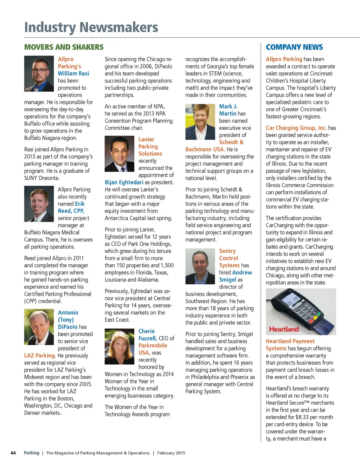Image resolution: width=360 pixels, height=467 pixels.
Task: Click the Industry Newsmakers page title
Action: point(91,27)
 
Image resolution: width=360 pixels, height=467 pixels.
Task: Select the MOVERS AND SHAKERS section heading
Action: point(64,47)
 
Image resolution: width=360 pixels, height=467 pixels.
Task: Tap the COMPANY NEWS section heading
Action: point(294,47)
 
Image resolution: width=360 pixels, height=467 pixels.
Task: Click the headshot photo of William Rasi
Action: point(39,74)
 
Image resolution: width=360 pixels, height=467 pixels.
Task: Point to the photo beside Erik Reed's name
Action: point(39,204)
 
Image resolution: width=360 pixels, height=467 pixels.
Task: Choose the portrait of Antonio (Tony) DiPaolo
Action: point(39,327)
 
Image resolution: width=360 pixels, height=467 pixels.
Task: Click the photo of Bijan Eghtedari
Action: point(120,154)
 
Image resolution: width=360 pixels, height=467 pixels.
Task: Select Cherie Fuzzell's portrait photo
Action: point(120,346)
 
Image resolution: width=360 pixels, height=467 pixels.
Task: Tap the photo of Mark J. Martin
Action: point(200,122)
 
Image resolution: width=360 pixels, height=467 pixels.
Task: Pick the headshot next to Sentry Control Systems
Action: point(200,266)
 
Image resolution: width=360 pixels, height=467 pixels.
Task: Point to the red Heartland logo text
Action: point(284,329)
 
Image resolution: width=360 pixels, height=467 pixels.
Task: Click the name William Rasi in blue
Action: point(73,73)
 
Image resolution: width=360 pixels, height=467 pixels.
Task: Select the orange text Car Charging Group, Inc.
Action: point(296,128)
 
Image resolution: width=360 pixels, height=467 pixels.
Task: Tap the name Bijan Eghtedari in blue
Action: point(124,182)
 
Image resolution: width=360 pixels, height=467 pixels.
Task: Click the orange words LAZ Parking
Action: point(40,356)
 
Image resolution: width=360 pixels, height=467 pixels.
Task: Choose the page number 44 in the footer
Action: point(13,453)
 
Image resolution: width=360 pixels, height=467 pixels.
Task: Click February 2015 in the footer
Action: point(171,453)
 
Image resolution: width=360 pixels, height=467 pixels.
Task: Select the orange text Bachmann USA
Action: point(205,149)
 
